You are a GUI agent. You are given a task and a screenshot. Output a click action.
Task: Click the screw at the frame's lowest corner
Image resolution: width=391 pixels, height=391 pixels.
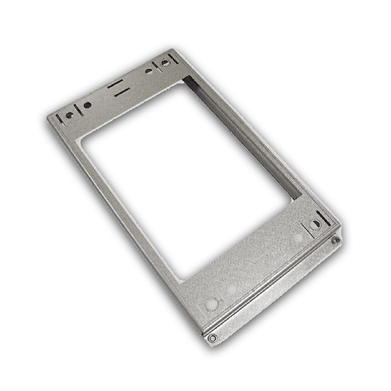coord(212,337)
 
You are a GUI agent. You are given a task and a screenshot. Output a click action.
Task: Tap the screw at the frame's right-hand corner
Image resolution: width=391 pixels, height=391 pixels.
coord(335,240)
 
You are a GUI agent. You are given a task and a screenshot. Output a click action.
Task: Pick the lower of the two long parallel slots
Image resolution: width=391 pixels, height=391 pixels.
coord(122,92)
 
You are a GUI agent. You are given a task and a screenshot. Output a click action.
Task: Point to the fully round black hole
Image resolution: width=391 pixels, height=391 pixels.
coord(87,105)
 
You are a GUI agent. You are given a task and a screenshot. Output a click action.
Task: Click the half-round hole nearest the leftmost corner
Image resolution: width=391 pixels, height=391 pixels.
coord(69,116)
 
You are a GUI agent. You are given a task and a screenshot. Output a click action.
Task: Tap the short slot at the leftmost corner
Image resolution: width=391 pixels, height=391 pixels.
coord(59,118)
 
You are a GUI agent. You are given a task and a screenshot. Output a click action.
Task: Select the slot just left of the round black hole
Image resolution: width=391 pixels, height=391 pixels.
coord(78,110)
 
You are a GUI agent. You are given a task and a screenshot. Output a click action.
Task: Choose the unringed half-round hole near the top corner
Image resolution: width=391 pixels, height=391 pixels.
coord(148,71)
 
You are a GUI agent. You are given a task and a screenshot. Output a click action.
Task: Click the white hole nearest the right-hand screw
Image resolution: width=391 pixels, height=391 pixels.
coord(298,238)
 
